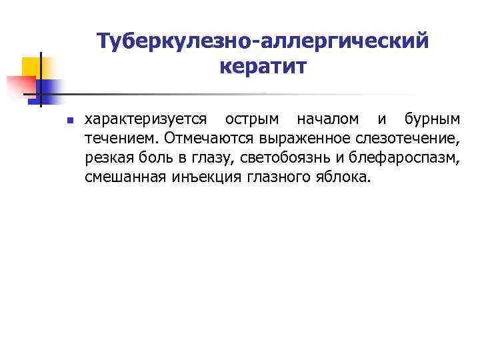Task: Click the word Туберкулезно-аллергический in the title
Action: pos(261,41)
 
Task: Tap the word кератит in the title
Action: pos(261,67)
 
